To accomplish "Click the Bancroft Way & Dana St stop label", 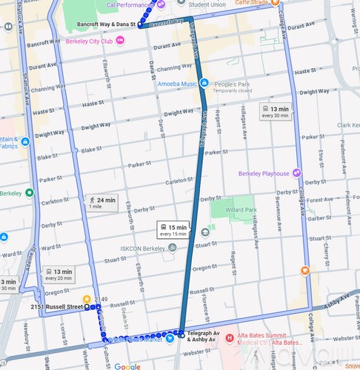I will coord(106,24).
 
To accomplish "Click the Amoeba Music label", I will coord(176,83).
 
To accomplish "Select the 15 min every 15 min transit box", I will coord(173,229).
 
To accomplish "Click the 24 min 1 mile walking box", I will coord(101,203).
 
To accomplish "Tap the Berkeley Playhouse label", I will coord(264,173).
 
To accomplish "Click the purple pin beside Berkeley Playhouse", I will coord(297,173).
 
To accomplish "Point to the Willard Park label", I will coord(240,209).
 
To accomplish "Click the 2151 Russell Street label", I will coord(56,306).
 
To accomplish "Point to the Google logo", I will coord(127,366).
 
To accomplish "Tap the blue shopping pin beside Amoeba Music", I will coord(204,83).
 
